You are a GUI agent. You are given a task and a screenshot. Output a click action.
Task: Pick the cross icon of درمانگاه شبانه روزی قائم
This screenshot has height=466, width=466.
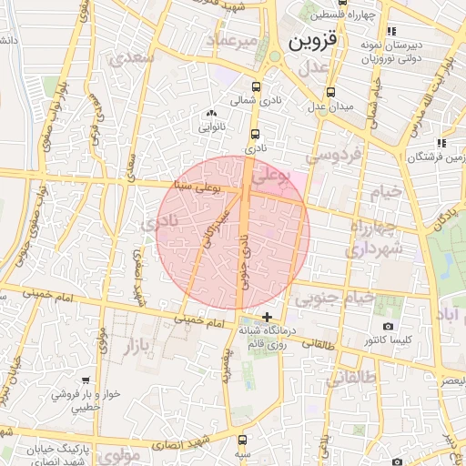coord(266,318)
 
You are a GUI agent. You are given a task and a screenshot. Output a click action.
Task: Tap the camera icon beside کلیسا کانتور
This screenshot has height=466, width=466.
coord(389,326)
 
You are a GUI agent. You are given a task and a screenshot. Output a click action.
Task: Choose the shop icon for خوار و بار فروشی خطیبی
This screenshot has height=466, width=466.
coord(86,381)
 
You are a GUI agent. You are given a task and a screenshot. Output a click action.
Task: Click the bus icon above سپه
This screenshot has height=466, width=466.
coord(241,438)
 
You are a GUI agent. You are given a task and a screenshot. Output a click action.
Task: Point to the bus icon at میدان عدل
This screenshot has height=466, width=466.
coord(330,92)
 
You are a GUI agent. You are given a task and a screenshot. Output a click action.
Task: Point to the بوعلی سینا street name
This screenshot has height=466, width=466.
coord(195,187)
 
